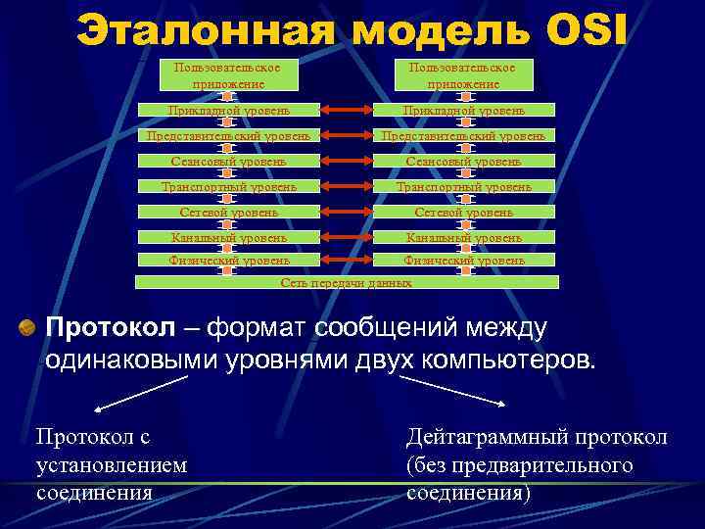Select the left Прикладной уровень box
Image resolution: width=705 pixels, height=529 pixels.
pyautogui.click(x=227, y=110)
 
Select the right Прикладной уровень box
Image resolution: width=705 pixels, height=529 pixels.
pyautogui.click(x=464, y=110)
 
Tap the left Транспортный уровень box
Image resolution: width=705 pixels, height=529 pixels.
pyautogui.click(x=227, y=186)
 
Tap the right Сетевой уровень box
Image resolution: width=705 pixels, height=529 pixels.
pyautogui.click(x=464, y=212)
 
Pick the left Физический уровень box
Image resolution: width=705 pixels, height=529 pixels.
pyautogui.click(x=227, y=261)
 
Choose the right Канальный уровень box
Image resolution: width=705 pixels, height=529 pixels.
pyautogui.click(x=464, y=236)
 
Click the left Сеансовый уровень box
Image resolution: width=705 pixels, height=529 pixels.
pyautogui.click(x=227, y=161)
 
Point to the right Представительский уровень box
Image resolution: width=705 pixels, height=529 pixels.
pyautogui.click(x=464, y=135)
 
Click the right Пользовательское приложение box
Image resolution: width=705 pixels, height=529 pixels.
pyautogui.click(x=460, y=75)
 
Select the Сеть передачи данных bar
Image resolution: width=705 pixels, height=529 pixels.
pyautogui.click(x=346, y=282)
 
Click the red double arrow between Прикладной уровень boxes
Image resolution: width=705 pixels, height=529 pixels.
pyautogui.click(x=346, y=110)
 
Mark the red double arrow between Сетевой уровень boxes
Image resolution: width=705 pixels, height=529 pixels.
pyautogui.click(x=346, y=212)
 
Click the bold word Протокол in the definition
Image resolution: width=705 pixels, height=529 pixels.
pyautogui.click(x=108, y=326)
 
